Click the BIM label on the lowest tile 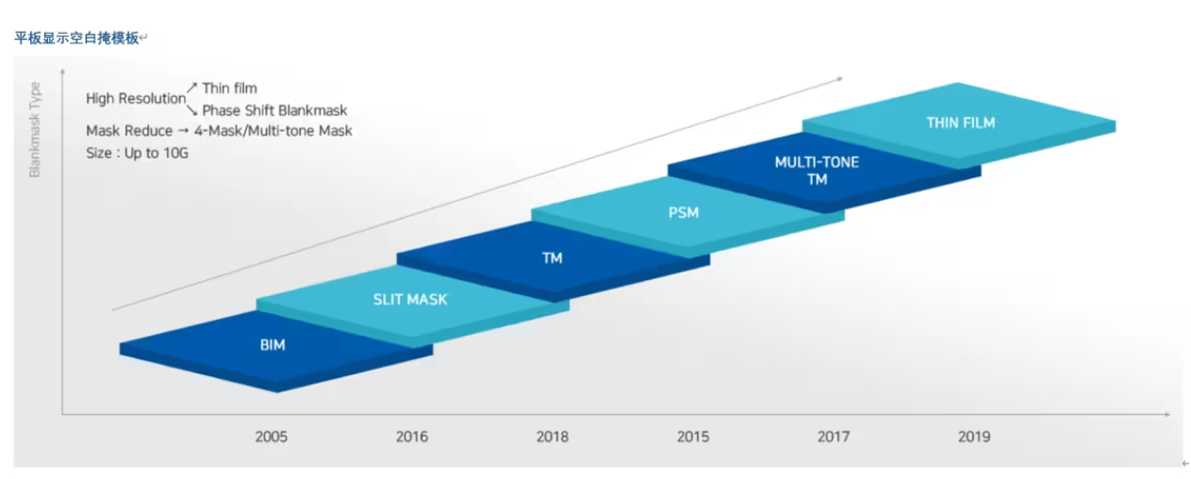point(273,345)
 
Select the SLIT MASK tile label point(410,300)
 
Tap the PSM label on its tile point(684,213)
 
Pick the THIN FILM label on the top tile point(960,123)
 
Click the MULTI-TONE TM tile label point(817,171)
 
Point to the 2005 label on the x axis point(272,437)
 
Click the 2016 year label point(411,437)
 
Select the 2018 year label point(552,437)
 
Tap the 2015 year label point(693,437)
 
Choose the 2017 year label point(834,437)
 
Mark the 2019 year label point(974,437)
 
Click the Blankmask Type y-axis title point(35,130)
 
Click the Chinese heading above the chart point(76,38)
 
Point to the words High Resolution point(136,99)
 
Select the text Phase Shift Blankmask point(274,110)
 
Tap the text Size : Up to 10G point(137,153)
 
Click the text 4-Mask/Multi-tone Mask point(273,131)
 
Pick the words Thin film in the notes point(229,89)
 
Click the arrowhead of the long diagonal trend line point(842,78)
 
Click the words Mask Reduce point(129,131)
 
